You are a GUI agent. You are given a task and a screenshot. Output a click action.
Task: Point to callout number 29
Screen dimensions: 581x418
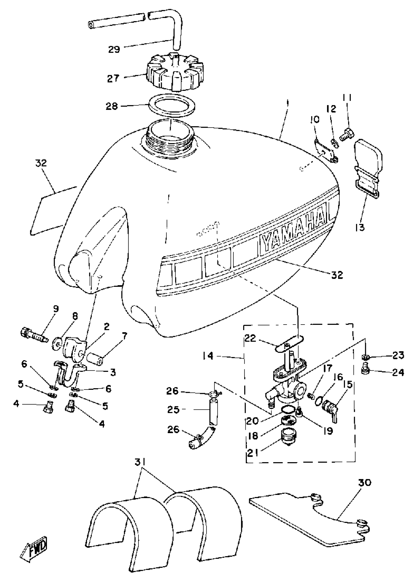pyautogui.click(x=114, y=49)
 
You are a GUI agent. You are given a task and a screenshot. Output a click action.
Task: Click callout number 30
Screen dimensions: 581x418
pyautogui.click(x=364, y=483)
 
